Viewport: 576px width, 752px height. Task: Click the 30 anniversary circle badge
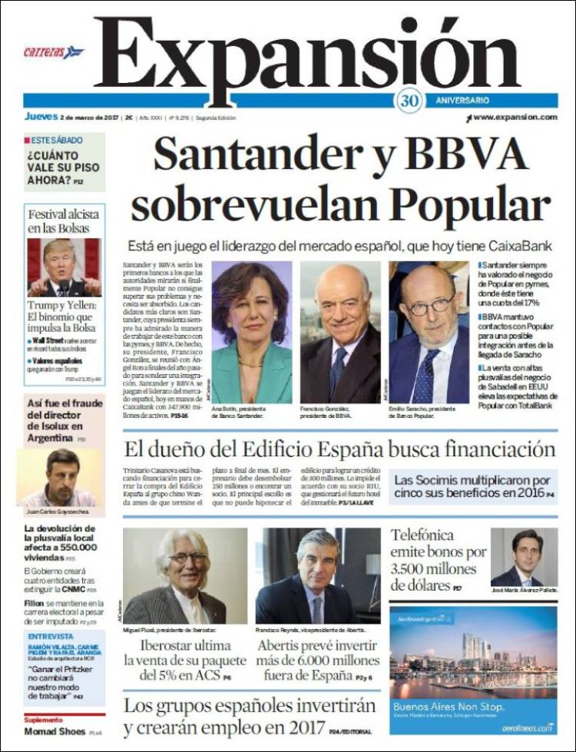[409, 101]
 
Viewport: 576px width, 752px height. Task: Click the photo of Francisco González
[340, 332]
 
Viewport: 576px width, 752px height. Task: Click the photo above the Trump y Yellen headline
[64, 267]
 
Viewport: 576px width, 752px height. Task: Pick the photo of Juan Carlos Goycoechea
[60, 476]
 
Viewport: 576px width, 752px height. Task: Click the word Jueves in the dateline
[41, 117]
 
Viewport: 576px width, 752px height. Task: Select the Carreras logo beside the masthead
[53, 52]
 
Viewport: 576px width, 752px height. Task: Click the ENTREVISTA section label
[51, 637]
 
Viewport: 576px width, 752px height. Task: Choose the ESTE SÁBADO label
[53, 141]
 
